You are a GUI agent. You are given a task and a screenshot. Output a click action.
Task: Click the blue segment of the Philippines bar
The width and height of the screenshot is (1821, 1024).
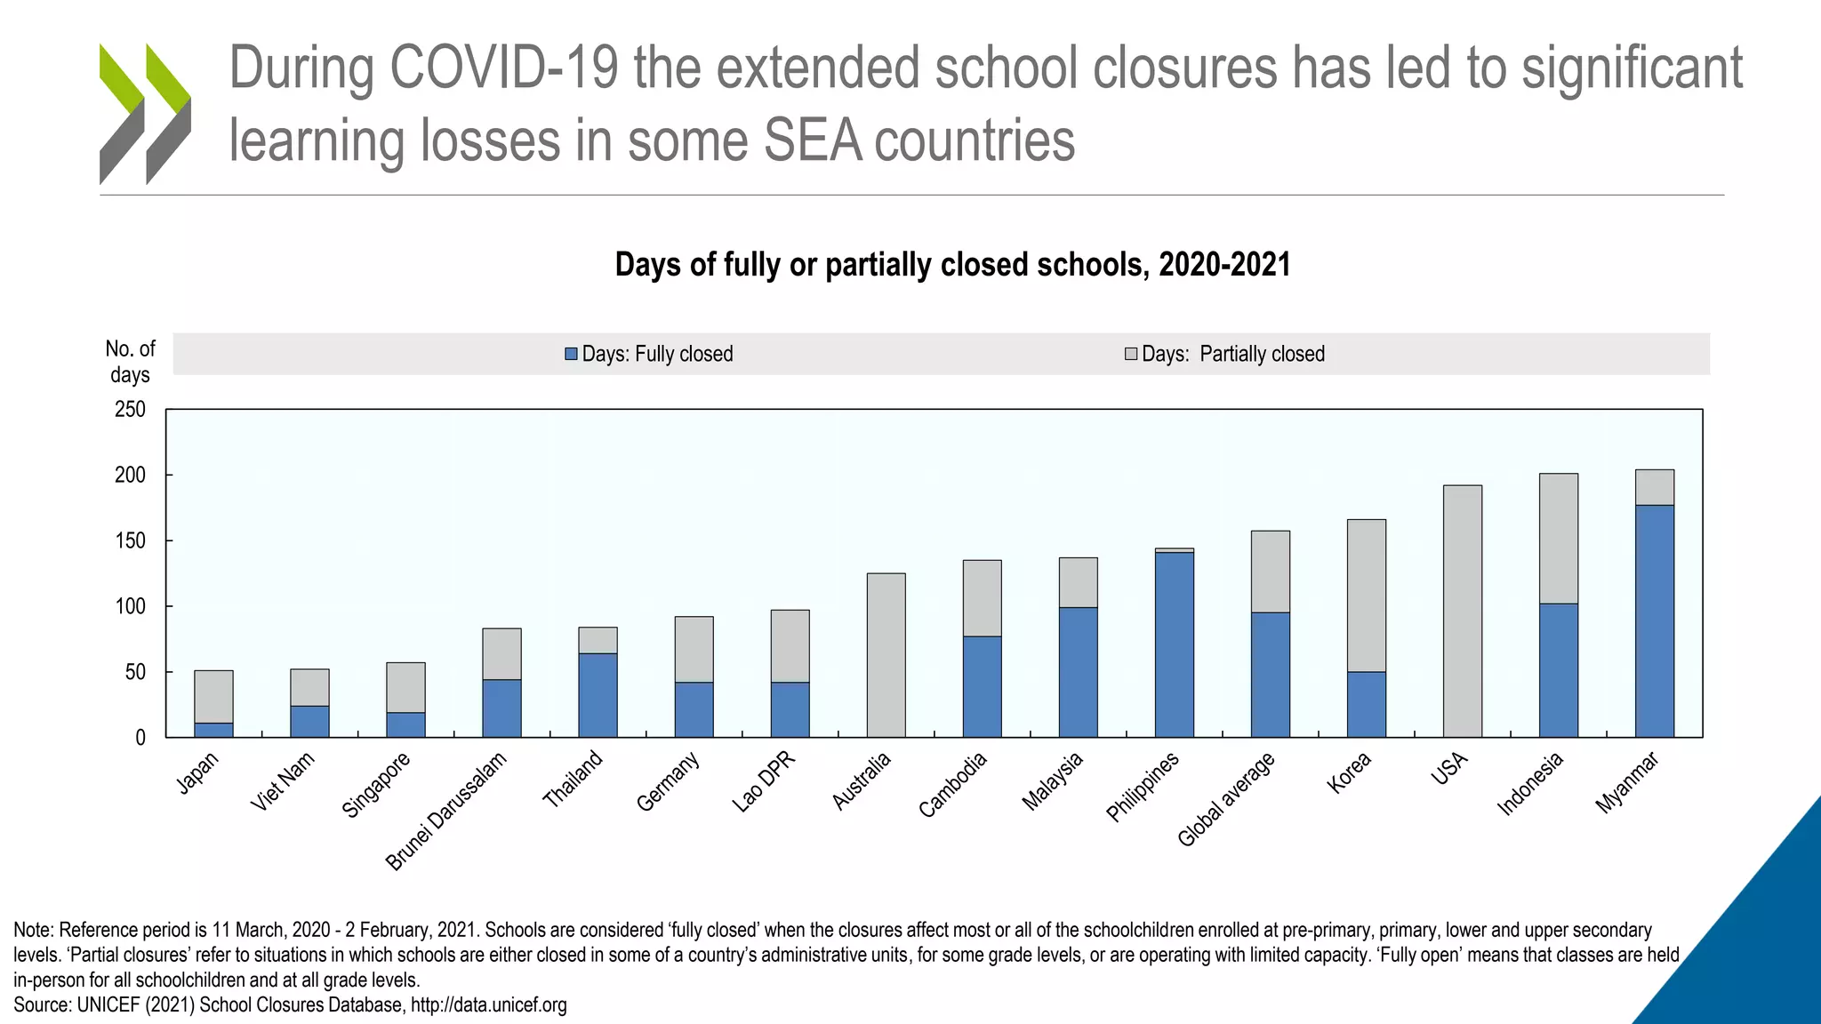[1174, 644]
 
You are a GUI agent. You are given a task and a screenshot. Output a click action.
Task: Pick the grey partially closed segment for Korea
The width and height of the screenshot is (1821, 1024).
[1366, 596]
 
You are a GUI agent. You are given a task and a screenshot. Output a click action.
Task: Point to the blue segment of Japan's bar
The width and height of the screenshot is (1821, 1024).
[213, 730]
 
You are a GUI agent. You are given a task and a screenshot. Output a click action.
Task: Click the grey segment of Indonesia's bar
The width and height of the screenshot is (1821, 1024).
[1558, 539]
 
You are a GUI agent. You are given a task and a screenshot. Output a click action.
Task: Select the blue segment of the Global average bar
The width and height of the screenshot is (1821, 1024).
[1270, 675]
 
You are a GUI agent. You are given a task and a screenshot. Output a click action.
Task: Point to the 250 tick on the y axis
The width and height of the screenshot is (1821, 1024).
[130, 410]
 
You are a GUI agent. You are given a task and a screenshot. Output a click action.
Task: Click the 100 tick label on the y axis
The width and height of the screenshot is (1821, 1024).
[130, 606]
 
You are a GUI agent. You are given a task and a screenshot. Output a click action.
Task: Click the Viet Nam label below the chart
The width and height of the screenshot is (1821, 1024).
[283, 780]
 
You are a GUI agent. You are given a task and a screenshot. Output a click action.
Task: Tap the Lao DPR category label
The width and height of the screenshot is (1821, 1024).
[763, 781]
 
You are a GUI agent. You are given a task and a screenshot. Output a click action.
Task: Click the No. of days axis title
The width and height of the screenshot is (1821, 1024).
[130, 361]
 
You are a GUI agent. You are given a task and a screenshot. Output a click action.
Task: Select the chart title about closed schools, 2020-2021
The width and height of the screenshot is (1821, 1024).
[952, 265]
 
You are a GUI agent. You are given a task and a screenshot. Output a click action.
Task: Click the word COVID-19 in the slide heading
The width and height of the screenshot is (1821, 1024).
[503, 68]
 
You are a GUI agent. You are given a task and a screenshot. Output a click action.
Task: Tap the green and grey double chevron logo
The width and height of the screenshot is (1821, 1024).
[145, 114]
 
